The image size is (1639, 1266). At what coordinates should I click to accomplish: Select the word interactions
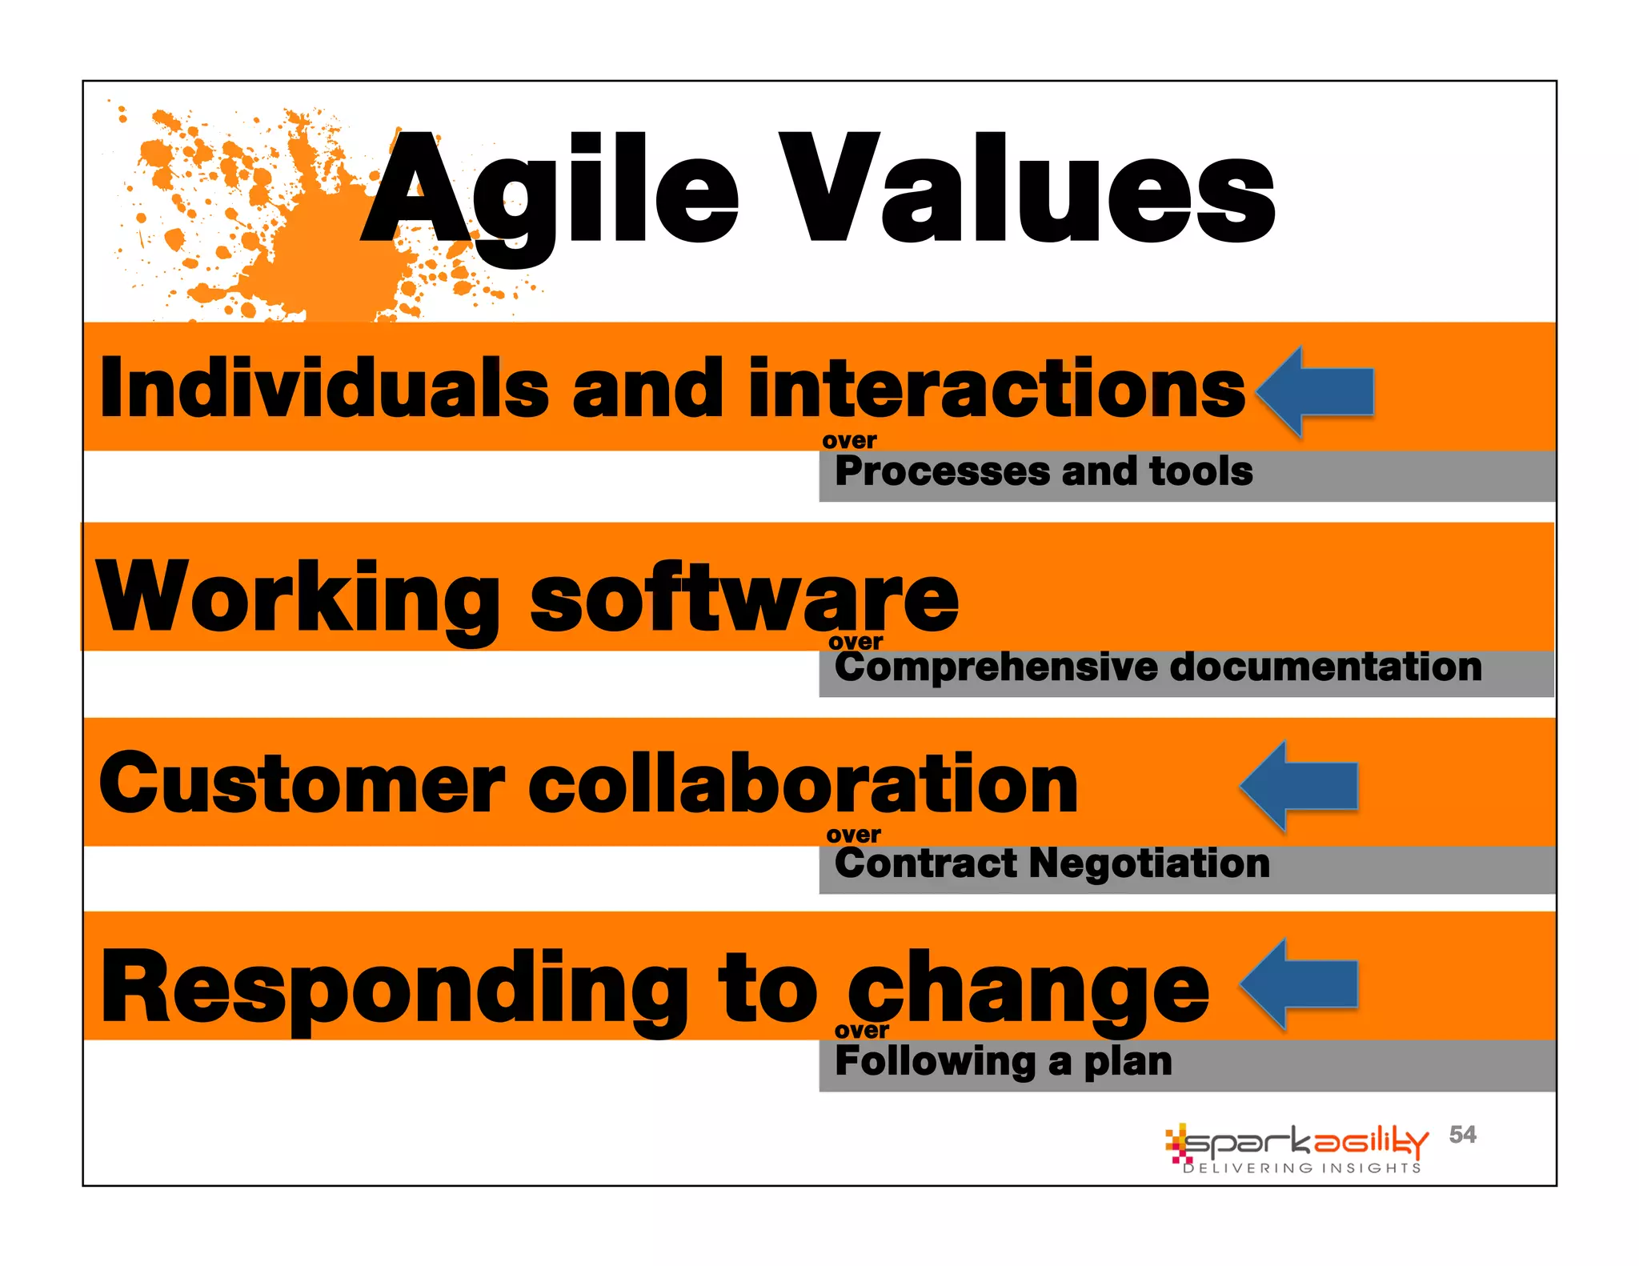996,388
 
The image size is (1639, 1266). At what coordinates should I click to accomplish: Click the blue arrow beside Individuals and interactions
1316,391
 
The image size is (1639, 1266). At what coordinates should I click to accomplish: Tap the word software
744,599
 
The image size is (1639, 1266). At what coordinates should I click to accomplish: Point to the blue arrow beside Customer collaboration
1300,786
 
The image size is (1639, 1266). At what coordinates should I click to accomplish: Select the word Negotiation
1149,863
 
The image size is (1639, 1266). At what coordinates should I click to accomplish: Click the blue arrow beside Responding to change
1300,984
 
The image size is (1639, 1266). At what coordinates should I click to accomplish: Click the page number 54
1462,1134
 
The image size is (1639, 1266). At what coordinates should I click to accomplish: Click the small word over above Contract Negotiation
853,835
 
